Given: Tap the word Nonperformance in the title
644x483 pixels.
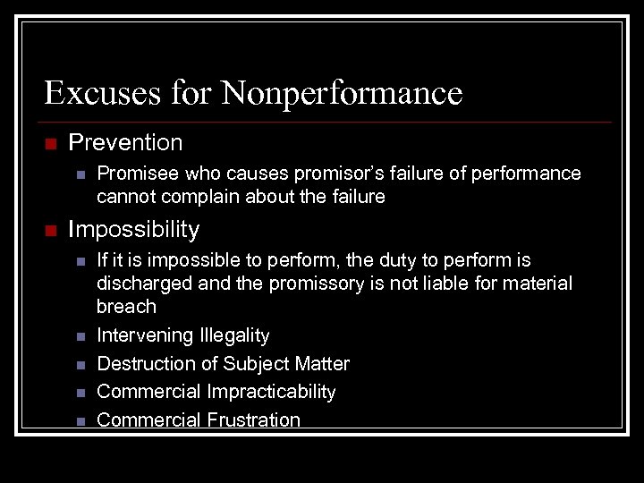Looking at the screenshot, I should pos(343,92).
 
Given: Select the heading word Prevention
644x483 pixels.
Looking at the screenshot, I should pos(125,142).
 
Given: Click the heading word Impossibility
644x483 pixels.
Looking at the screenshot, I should pos(134,230).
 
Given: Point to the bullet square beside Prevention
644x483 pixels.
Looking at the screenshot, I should pos(50,143).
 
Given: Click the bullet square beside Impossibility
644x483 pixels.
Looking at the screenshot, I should pos(50,231).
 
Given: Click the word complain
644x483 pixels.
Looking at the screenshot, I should pos(190,197).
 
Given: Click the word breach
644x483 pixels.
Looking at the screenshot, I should pos(126,307).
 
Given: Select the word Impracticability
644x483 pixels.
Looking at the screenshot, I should pos(271,392).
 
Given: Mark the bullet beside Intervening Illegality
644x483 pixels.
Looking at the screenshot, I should pos(80,336).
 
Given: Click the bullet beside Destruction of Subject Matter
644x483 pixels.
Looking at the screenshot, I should pos(80,365).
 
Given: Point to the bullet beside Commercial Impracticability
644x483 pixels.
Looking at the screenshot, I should pos(80,393).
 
